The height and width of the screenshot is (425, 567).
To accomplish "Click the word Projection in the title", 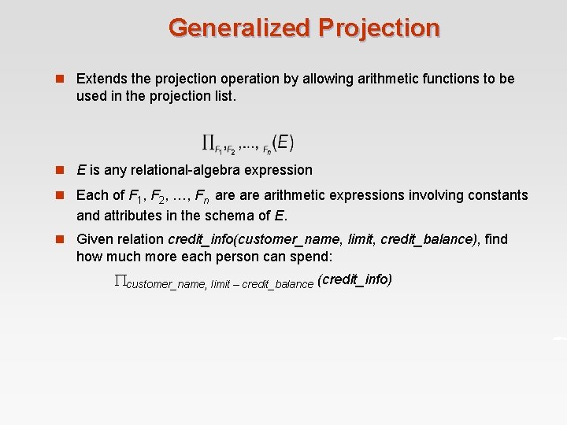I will pyautogui.click(x=380, y=28).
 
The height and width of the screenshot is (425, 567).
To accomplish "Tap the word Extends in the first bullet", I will pyautogui.click(x=100, y=79).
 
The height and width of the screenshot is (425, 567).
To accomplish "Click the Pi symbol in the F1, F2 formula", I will pyautogui.click(x=209, y=142).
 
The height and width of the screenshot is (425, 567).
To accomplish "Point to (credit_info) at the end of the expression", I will pyautogui.click(x=354, y=279).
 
